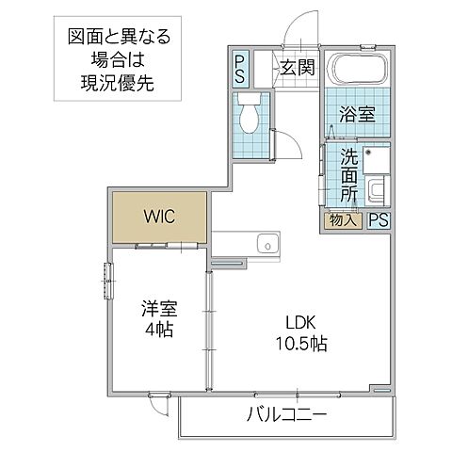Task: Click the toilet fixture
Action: pyautogui.click(x=251, y=116)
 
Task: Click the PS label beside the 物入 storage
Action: pyautogui.click(x=378, y=220)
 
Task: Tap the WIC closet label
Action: pyautogui.click(x=158, y=214)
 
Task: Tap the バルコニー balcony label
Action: pyautogui.click(x=287, y=413)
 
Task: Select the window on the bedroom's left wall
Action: pyautogui.click(x=107, y=282)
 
